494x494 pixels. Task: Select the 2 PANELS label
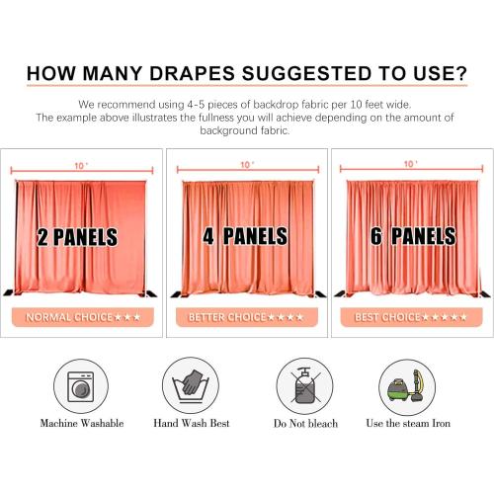(77, 237)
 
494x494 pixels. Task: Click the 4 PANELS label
(244, 236)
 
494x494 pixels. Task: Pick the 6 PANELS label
(410, 236)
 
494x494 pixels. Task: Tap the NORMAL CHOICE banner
(82, 317)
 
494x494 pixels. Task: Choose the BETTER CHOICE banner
(247, 317)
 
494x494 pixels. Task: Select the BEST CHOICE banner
(411, 317)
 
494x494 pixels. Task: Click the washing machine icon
(82, 384)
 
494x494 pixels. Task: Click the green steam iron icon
(407, 384)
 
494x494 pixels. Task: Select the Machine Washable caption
(82, 423)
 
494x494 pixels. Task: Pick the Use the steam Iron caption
(407, 423)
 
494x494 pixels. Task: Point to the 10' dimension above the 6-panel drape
(412, 164)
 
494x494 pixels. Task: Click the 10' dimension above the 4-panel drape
(247, 164)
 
